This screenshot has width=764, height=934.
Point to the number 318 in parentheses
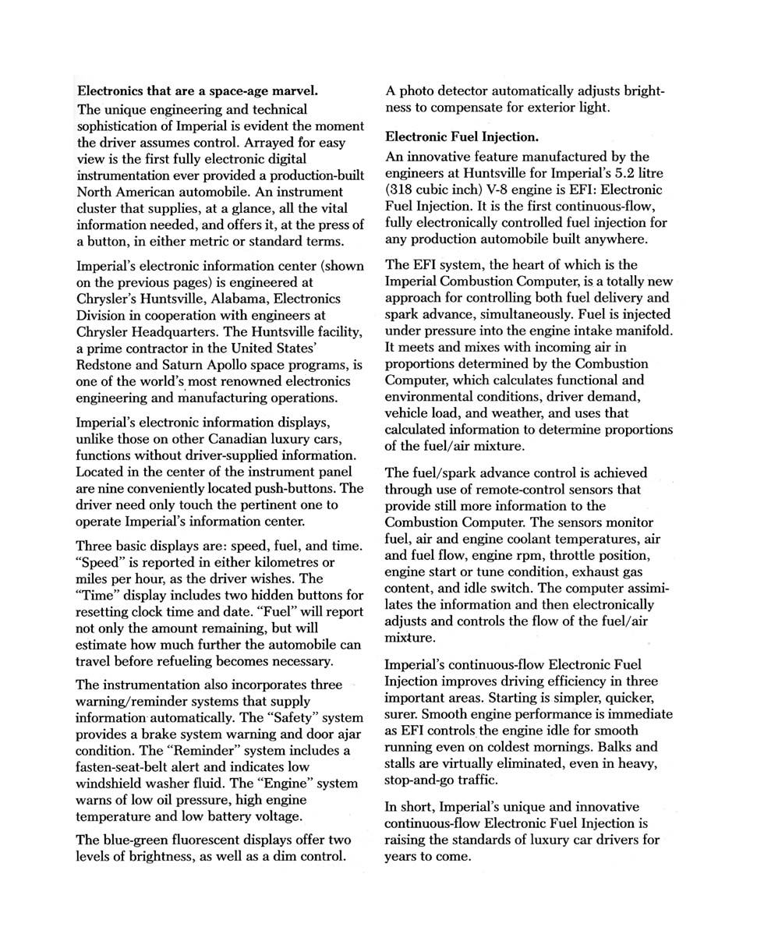click(x=401, y=189)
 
